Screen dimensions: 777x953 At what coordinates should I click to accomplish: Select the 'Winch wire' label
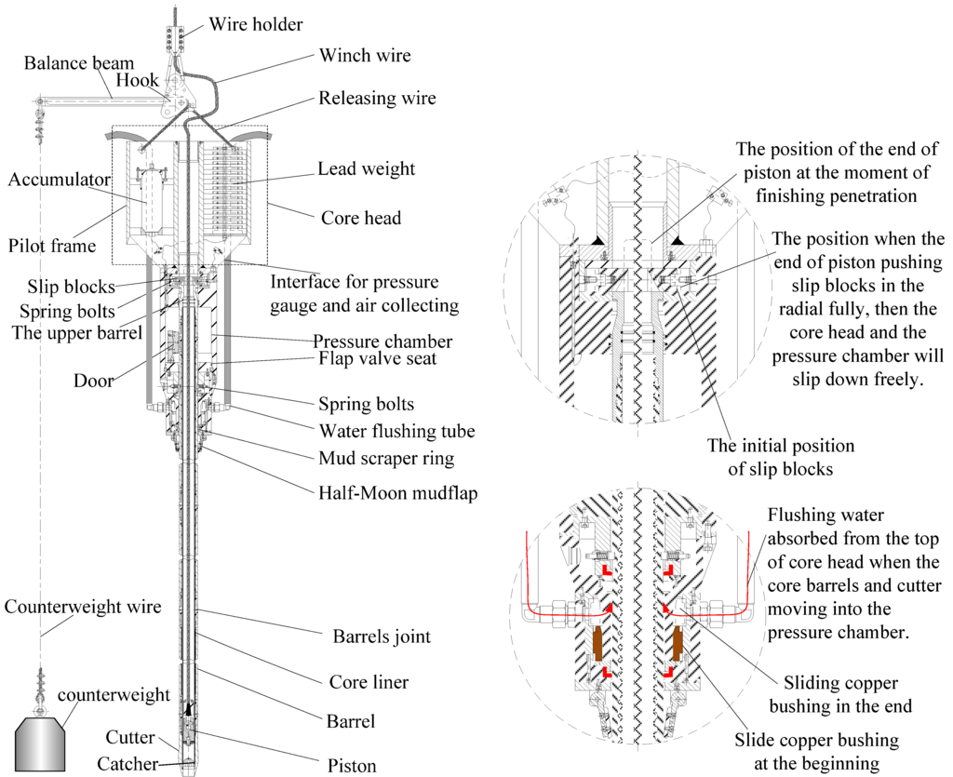pos(365,56)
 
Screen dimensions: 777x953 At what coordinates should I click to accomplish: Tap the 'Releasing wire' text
pos(377,98)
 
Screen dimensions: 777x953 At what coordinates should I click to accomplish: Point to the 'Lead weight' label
pos(366,168)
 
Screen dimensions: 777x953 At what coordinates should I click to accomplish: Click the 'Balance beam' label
pos(79,63)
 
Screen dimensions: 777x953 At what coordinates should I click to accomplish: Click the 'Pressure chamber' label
pos(383,342)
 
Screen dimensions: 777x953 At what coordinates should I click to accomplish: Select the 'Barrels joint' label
pos(382,638)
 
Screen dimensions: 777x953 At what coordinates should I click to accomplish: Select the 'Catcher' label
pos(128,764)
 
